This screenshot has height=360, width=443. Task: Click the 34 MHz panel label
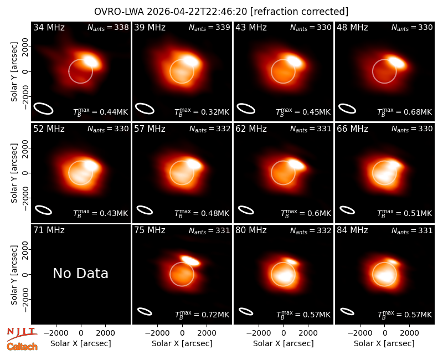pos(49,27)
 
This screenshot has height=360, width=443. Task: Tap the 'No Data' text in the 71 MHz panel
pos(80,273)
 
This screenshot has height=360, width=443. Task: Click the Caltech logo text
pos(22,347)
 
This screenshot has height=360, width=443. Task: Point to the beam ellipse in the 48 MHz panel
pos(347,109)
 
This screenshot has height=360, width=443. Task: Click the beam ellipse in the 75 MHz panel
pos(145,311)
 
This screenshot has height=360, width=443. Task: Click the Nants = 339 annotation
pos(209,27)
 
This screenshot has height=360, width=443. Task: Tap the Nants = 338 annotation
pos(108,27)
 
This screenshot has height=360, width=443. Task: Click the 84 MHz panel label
pos(352,230)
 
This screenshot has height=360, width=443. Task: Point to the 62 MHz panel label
pos(251,129)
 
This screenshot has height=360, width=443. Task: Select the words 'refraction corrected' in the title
pos(299,12)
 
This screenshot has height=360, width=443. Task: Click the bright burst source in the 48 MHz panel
pos(396,62)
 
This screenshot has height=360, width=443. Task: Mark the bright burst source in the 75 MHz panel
pos(190,260)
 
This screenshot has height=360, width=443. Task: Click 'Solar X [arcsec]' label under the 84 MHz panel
pos(384,343)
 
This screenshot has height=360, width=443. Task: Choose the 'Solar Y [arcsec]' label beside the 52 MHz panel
pos(14,173)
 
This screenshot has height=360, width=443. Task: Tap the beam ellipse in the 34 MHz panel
pos(44,109)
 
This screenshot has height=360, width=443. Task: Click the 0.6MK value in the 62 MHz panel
pos(317,213)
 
